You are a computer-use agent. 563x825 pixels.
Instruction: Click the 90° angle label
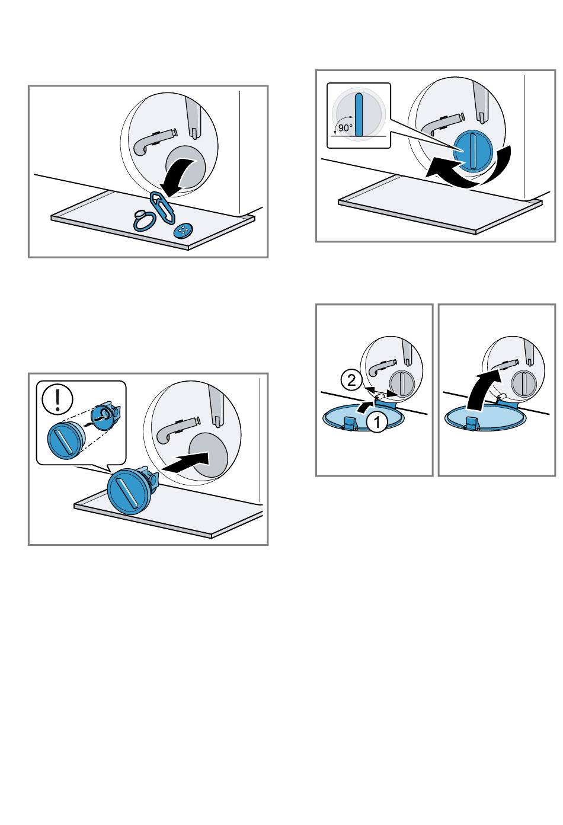coord(346,128)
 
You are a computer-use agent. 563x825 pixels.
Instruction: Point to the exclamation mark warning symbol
coord(57,399)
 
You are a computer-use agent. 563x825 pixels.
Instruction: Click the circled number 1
coord(377,422)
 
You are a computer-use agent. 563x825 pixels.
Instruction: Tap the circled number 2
coord(351,380)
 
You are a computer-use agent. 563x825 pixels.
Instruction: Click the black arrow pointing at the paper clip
coord(179,176)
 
